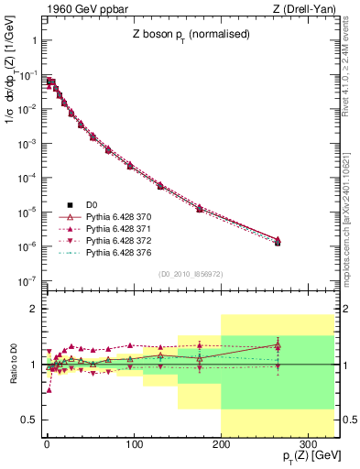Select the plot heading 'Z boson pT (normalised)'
click(x=191, y=35)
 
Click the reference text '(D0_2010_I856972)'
click(x=191, y=273)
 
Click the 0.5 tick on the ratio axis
click(x=29, y=420)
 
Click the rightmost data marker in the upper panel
click(x=278, y=241)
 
